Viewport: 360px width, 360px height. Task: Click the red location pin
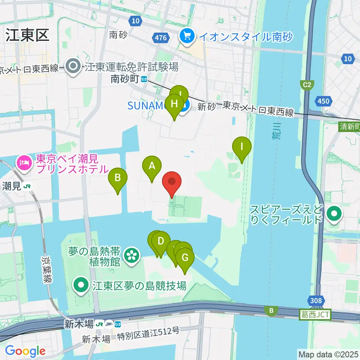coord(172,183)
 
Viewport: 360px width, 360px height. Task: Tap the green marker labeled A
coord(152,166)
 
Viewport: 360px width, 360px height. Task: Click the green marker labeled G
coord(185,258)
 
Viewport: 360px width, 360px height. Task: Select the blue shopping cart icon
coord(186,36)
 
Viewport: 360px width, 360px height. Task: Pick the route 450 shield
coord(323,101)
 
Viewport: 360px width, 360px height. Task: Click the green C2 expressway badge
coord(307,85)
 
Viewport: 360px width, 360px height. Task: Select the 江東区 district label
coord(27,36)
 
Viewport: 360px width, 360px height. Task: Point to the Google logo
coord(25,351)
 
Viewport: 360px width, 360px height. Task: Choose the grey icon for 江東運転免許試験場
coord(73,67)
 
